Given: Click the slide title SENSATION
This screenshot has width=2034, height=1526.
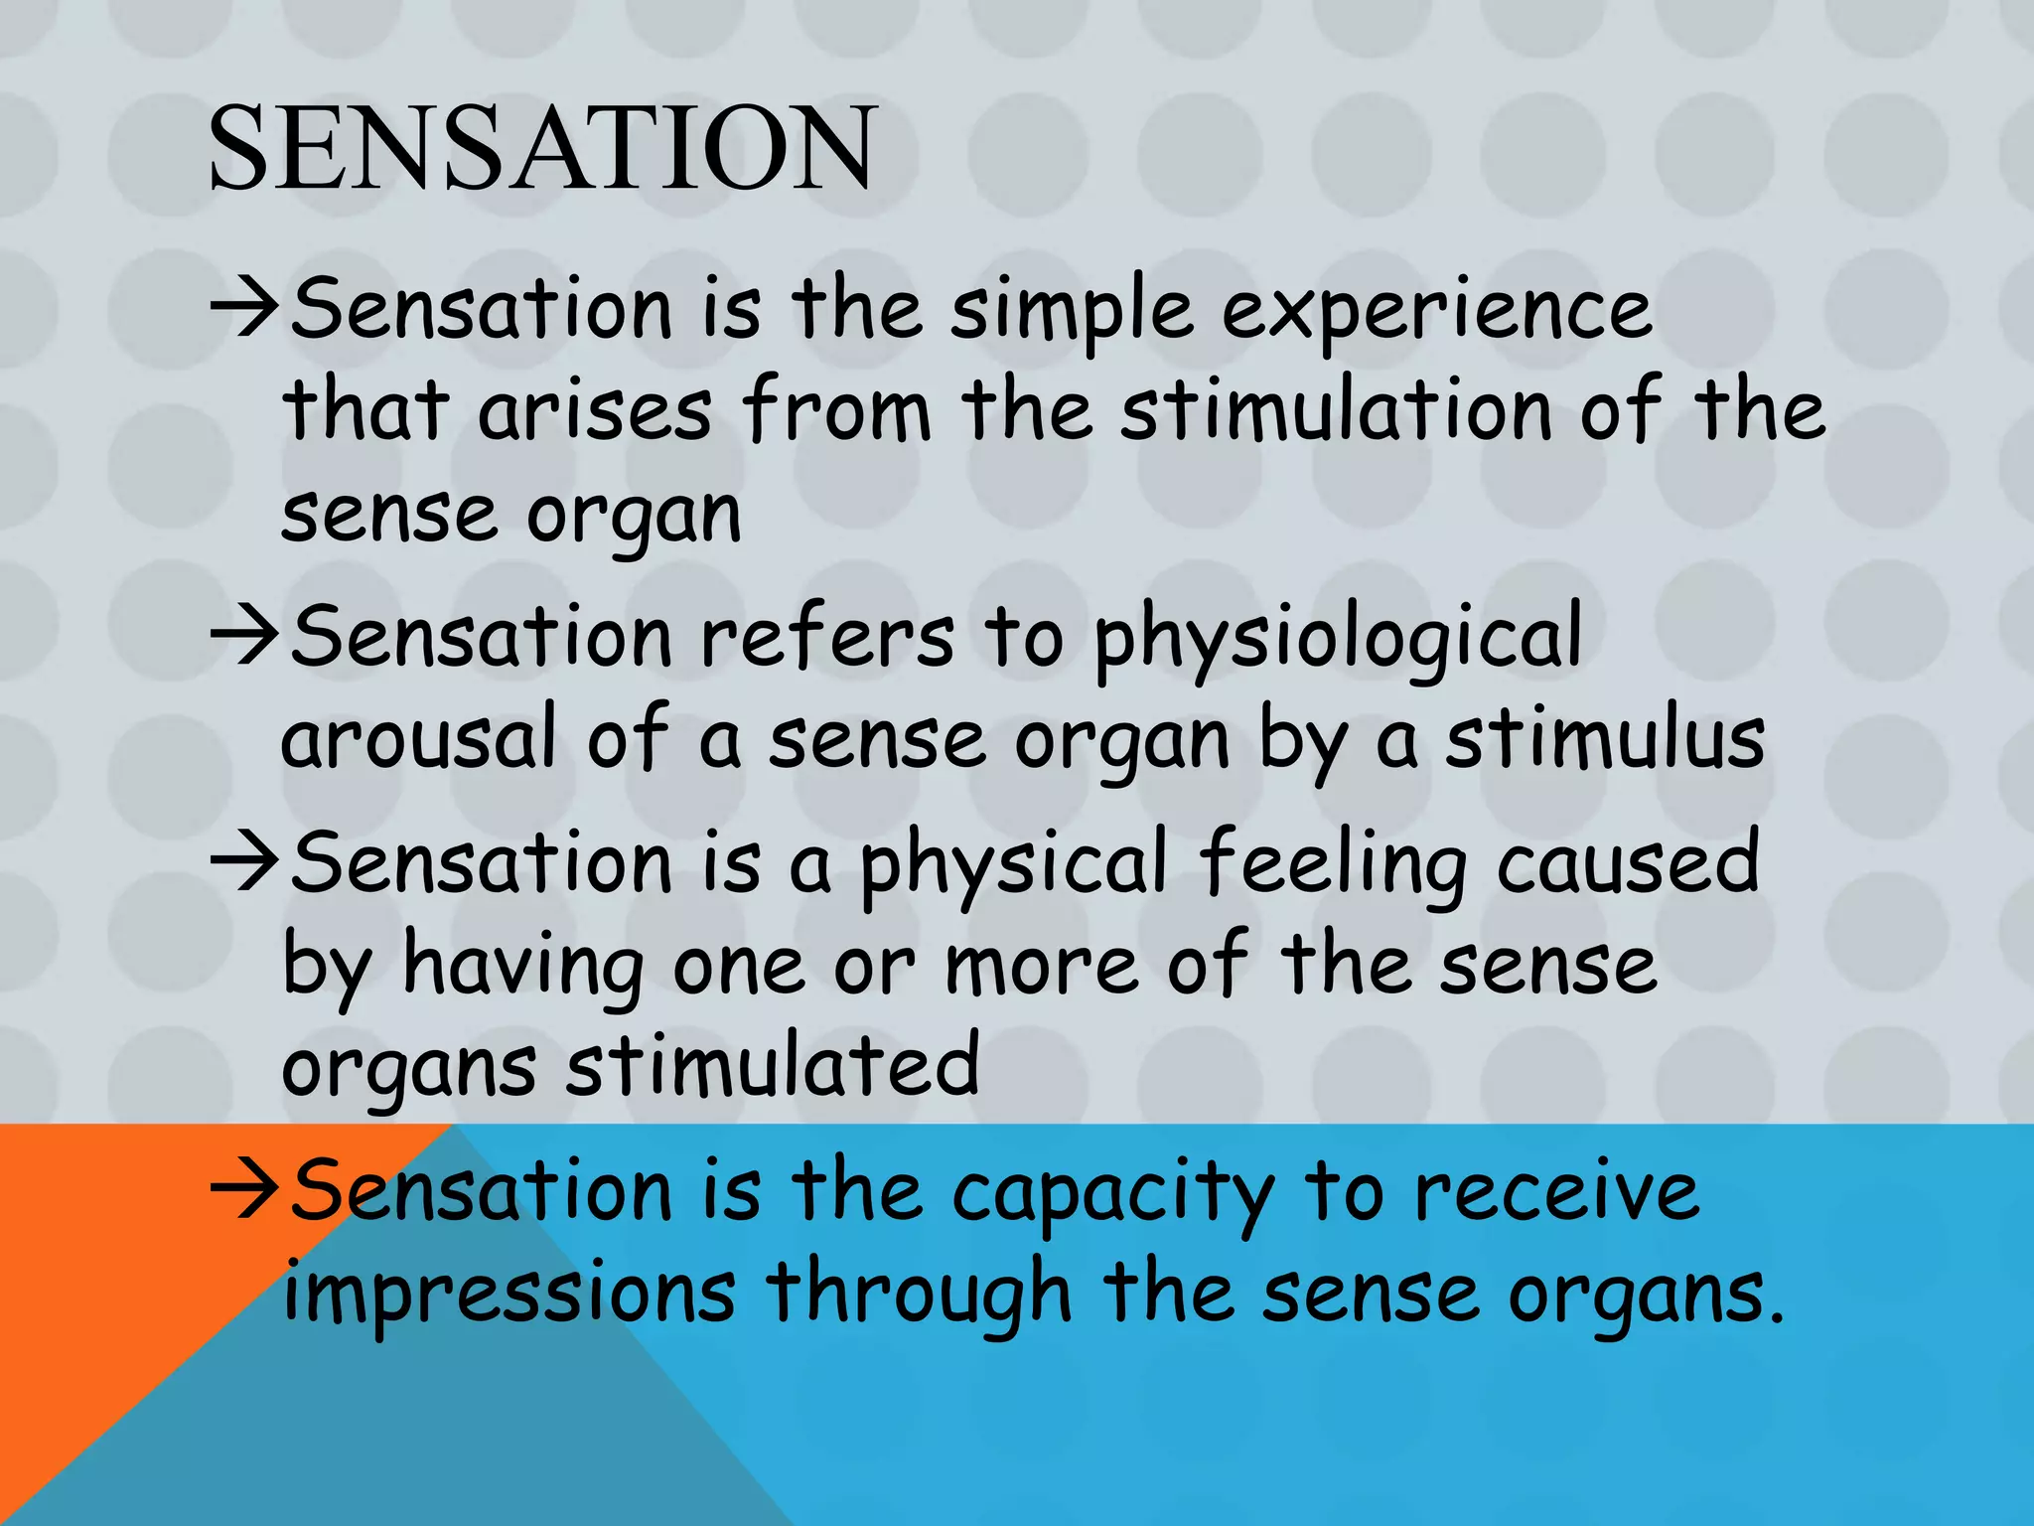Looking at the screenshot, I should (x=541, y=149).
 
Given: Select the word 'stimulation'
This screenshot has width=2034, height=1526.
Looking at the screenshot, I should (x=1337, y=411).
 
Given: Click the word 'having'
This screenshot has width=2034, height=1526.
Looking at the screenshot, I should (x=522, y=969).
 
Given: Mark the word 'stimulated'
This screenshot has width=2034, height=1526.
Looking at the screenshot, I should (x=773, y=1065).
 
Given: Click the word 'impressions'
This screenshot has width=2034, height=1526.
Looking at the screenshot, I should (x=509, y=1295).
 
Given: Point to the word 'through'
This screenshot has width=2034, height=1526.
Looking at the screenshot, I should (x=920, y=1297).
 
